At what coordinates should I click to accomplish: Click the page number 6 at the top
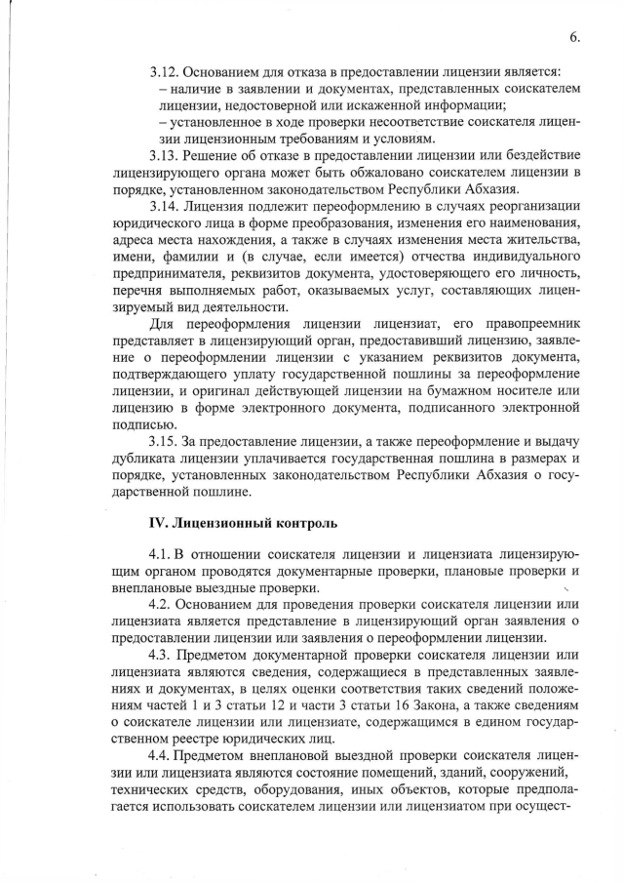point(574,37)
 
